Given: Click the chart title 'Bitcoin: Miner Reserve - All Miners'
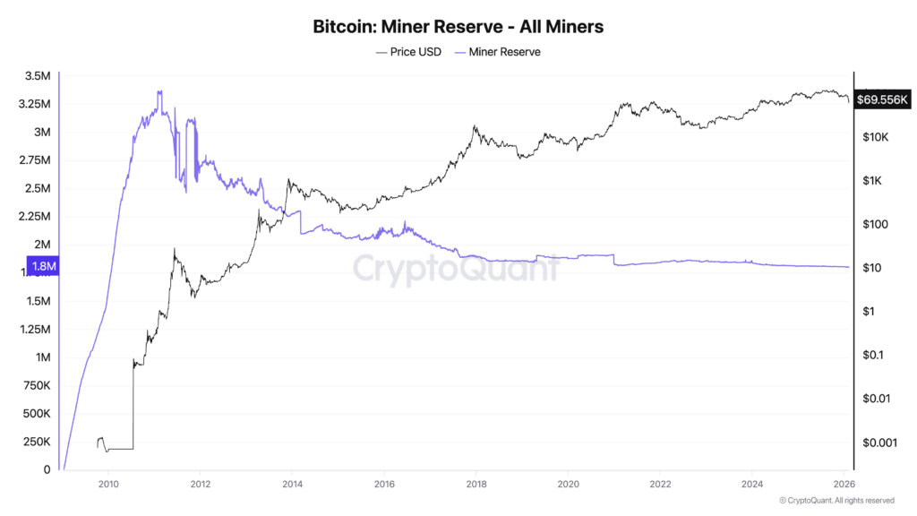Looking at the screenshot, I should pos(458,27).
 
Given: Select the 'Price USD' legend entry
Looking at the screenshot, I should pos(409,52).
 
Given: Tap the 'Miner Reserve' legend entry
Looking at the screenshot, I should pos(499,52).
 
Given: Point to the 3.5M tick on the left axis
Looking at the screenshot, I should pos(37,76).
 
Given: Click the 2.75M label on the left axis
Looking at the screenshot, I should pos(34,160).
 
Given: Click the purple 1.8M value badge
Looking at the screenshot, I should pos(44,266).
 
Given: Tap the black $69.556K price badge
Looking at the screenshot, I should pos(883,99).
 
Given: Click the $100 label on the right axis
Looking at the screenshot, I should pos(871,224).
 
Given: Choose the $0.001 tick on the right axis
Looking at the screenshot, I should pos(878,442).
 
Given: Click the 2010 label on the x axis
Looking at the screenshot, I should pos(107,484).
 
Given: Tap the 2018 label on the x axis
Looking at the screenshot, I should pos(476,484).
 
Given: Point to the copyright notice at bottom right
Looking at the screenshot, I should pos(836,500).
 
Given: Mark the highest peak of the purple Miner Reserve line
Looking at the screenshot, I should pos(159,91).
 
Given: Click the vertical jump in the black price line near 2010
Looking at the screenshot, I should pos(133,403).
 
